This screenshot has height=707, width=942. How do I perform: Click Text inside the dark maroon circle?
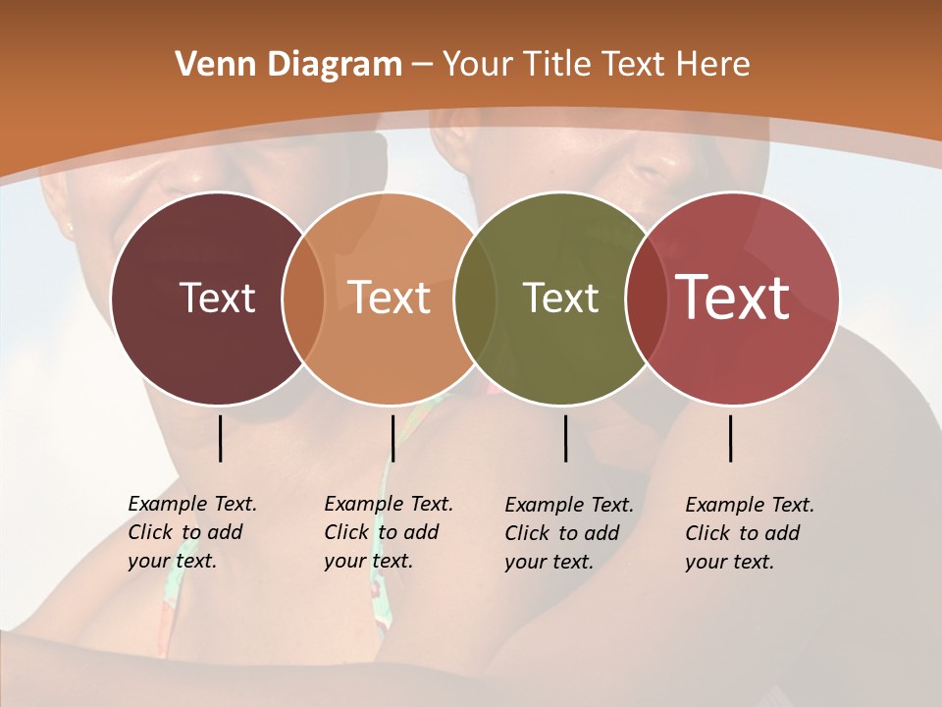tap(217, 298)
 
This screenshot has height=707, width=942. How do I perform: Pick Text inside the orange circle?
tap(390, 298)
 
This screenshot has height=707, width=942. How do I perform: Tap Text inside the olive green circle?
tap(560, 298)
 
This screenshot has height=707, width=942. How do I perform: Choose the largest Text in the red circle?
tap(733, 298)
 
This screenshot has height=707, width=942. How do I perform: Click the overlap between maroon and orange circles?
tap(303, 299)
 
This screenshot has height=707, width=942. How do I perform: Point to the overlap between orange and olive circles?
tap(476, 299)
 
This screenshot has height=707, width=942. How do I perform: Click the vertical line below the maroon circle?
tap(220, 438)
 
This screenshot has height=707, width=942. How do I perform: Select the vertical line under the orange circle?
tap(392, 438)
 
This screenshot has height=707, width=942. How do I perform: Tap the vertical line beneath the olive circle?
tap(565, 438)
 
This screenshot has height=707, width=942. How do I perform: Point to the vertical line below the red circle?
tap(730, 438)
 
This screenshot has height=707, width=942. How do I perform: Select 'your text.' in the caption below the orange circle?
tap(368, 561)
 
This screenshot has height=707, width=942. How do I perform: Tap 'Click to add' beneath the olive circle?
tap(562, 533)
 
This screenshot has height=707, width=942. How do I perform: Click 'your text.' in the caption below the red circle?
tap(729, 562)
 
